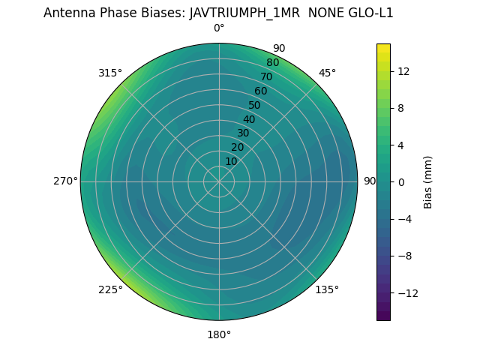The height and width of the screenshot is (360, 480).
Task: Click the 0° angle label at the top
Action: (x=219, y=28)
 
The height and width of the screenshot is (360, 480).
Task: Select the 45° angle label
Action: (x=327, y=73)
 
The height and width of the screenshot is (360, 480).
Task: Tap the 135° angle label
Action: (x=327, y=289)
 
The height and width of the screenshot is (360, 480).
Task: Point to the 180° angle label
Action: (x=219, y=334)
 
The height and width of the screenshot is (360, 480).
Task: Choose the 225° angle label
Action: (x=110, y=289)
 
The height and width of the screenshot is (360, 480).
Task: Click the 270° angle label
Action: (x=65, y=181)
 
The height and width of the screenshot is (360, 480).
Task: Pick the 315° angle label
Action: (x=110, y=73)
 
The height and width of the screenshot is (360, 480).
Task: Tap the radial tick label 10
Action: (x=231, y=161)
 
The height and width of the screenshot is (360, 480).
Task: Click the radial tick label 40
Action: (x=249, y=119)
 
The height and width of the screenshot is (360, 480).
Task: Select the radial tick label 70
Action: (x=266, y=76)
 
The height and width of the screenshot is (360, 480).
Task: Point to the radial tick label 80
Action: (x=272, y=62)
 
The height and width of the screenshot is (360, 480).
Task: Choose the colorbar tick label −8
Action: (x=403, y=256)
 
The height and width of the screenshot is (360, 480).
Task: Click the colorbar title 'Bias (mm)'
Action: (x=428, y=181)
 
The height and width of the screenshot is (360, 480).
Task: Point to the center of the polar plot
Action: (x=219, y=181)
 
